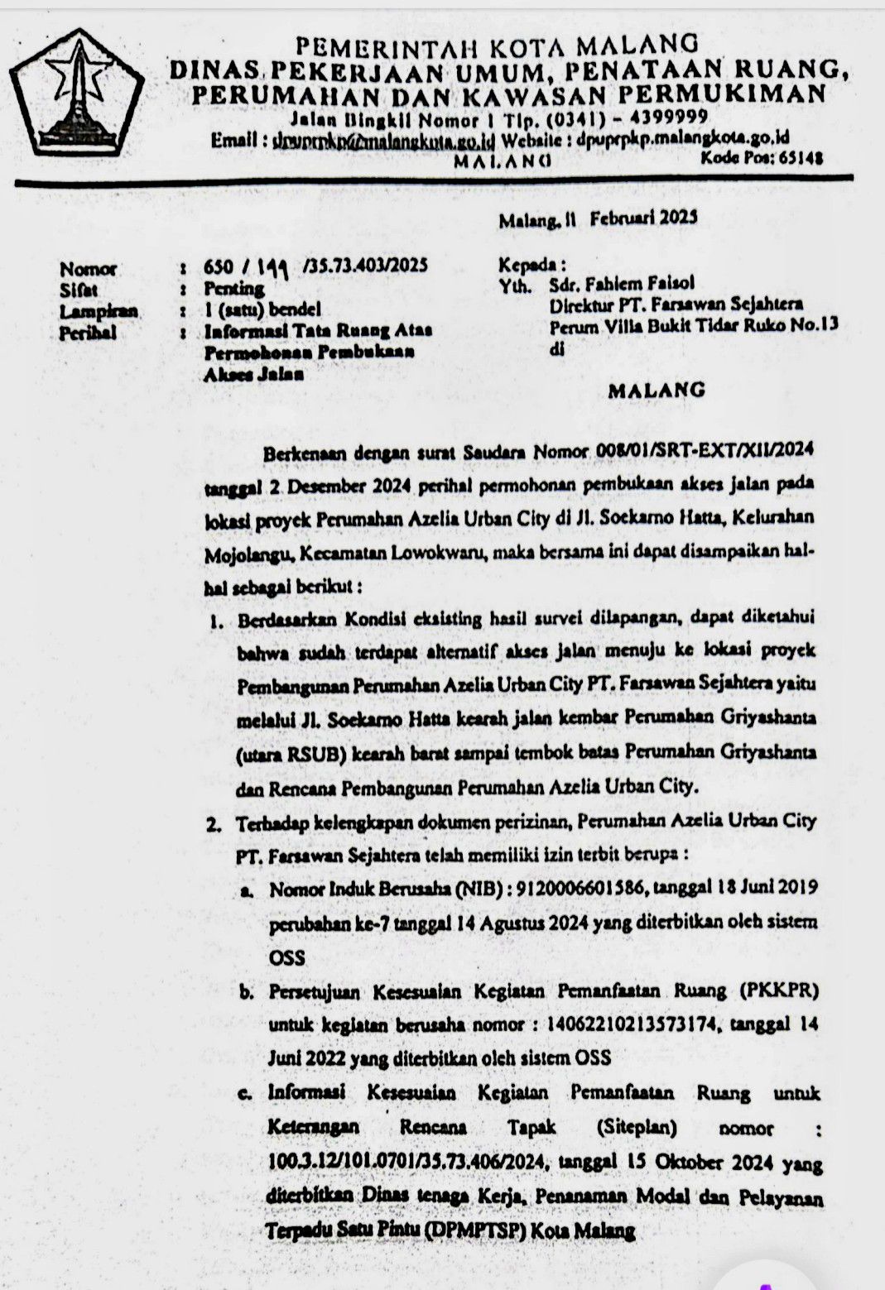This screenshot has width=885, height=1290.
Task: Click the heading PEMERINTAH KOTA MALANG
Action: tap(497, 42)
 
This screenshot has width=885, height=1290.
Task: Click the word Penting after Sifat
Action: tap(234, 289)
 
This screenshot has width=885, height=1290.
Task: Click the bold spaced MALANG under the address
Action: tap(657, 390)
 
